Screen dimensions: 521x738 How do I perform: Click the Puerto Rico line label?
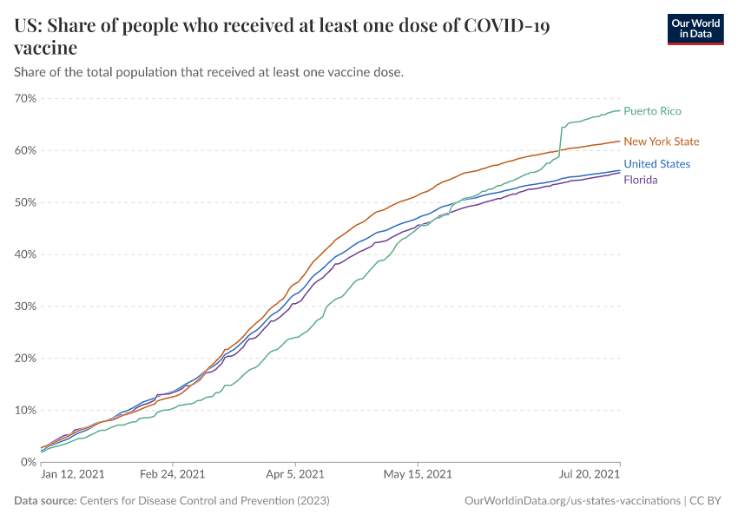click(x=652, y=111)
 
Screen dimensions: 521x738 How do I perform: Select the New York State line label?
click(x=661, y=142)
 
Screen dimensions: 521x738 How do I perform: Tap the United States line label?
click(x=656, y=164)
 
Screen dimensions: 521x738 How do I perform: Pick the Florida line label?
click(x=640, y=180)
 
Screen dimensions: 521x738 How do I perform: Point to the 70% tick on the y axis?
click(x=25, y=98)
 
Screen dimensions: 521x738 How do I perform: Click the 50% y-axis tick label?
click(x=25, y=202)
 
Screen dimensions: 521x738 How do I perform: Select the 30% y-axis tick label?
click(x=25, y=307)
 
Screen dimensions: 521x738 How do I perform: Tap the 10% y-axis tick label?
click(x=25, y=410)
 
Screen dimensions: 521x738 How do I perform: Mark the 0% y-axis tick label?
click(x=28, y=462)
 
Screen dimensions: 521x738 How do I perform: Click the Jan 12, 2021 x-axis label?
click(x=73, y=475)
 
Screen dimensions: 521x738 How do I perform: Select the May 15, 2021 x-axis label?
click(x=418, y=475)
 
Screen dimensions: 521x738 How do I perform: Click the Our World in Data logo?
click(x=695, y=29)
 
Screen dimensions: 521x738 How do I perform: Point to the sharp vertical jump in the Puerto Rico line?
click(x=561, y=142)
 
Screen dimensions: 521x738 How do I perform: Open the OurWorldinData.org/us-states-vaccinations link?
click(x=571, y=501)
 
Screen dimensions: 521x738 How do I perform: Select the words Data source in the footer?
click(x=45, y=501)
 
